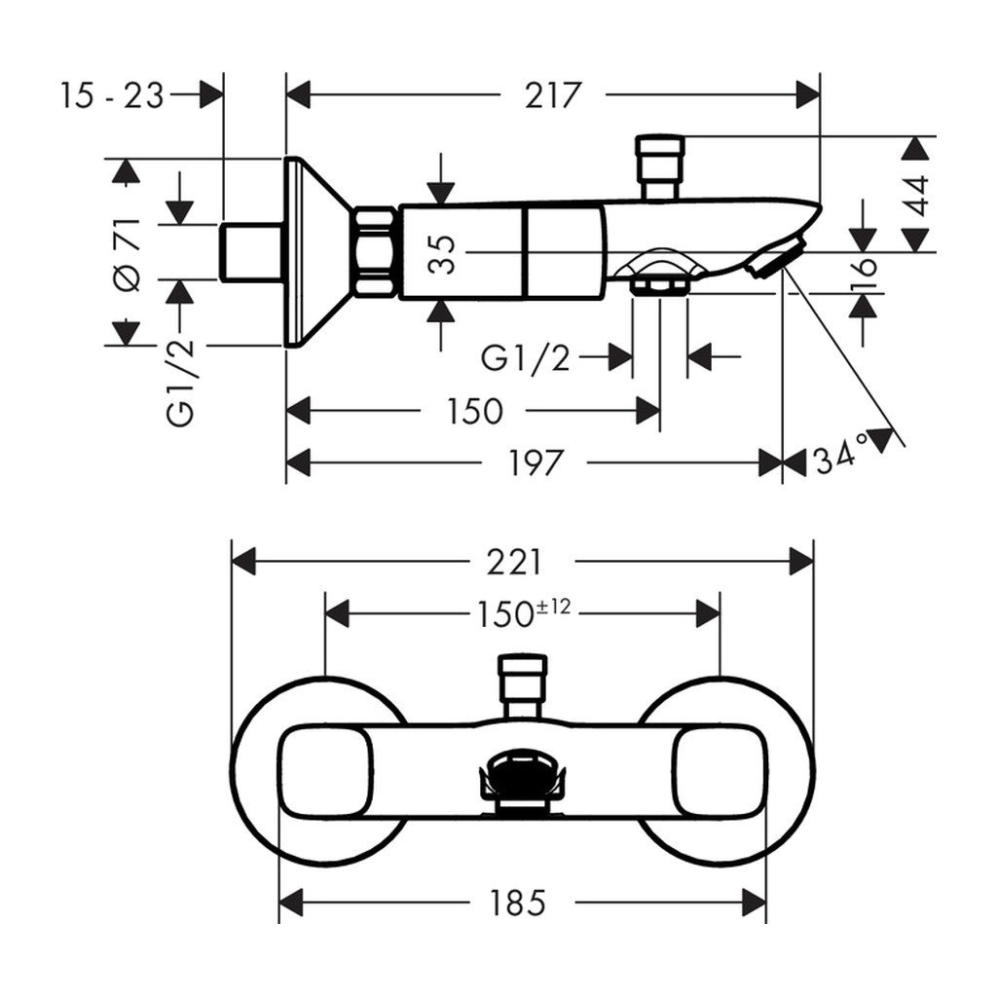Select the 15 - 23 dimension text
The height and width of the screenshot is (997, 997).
[x=113, y=95]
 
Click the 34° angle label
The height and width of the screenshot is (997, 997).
[x=841, y=453]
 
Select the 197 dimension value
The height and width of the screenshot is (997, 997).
[x=534, y=462]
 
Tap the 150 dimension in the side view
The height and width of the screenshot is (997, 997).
[x=475, y=411]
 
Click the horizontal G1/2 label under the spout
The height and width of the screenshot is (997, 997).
[x=526, y=358]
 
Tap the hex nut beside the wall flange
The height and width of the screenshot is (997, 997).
[x=375, y=252]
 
